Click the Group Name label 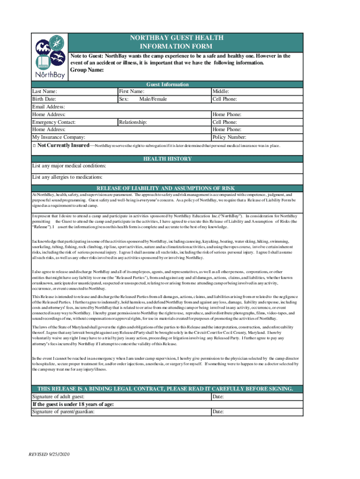tap(86, 70)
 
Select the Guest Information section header tap(167, 85)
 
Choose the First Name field tap(164, 92)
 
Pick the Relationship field tap(164, 122)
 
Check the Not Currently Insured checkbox tap(35, 146)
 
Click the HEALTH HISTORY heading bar tap(167, 159)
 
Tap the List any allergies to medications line tap(140, 177)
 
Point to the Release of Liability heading tap(167, 188)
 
